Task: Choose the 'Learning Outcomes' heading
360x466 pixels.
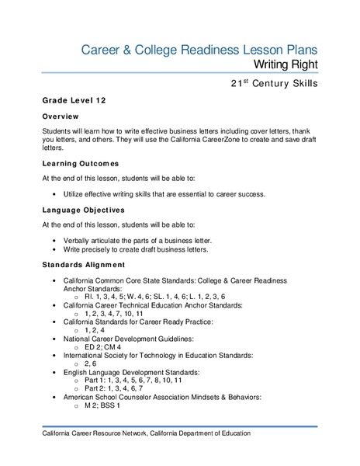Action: [x=81, y=164]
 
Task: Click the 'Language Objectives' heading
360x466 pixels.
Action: [x=84, y=210]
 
